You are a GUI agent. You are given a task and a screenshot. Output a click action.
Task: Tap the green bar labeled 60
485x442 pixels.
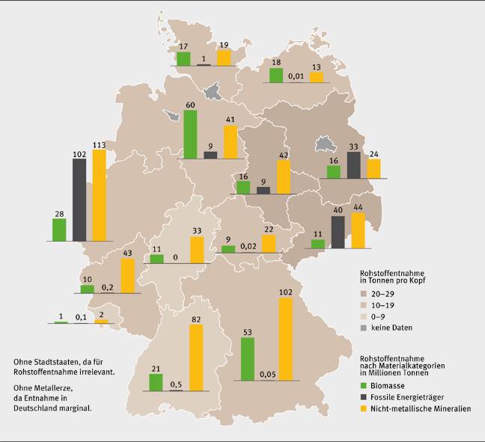190,134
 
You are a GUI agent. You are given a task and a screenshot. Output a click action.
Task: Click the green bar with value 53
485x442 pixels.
248,358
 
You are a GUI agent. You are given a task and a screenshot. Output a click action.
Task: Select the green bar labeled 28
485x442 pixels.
59,230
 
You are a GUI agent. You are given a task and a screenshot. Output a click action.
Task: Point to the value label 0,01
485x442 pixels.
296,76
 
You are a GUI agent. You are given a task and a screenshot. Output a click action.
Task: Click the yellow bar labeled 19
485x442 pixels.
223,58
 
